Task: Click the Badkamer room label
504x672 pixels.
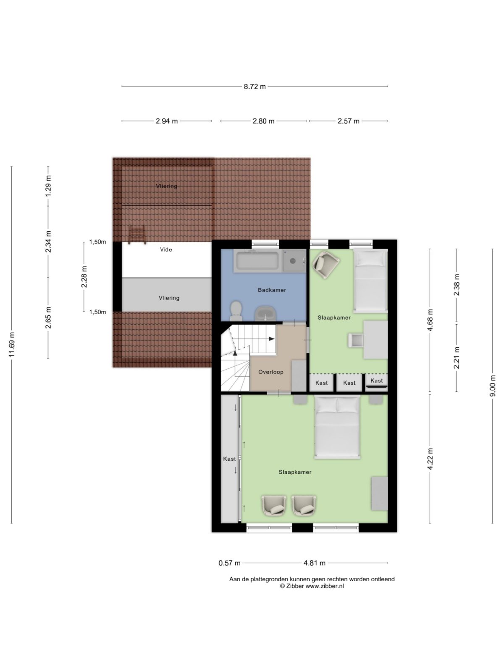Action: coord(272,290)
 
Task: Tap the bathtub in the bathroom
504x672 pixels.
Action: coord(257,261)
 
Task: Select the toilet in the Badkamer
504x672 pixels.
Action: coord(236,309)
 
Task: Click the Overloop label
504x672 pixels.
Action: coord(271,372)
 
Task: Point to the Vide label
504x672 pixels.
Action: coord(166,249)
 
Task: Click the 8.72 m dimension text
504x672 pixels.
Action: coord(255,87)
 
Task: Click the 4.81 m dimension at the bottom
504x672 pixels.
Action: coord(315,563)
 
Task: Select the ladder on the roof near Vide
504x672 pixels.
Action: coord(137,235)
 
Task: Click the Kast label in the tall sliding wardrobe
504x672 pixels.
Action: coord(229,459)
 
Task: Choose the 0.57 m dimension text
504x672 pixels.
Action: coord(229,563)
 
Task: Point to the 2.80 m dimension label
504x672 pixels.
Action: coord(263,121)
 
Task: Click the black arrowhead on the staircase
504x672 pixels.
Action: coord(272,339)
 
